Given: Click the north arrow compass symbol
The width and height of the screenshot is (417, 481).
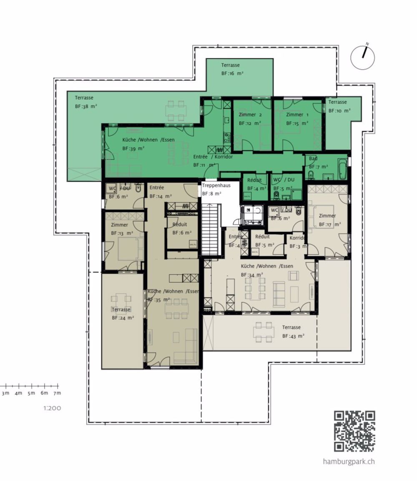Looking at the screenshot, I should pos(362,58).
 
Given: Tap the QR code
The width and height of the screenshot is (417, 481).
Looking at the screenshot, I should pos(354,431).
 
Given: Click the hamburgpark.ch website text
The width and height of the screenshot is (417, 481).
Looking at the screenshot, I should pos(349,461).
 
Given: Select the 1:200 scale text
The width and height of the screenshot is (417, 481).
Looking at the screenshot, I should pos(52,408).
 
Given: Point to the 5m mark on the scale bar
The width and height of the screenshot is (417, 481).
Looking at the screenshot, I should pos(31,393).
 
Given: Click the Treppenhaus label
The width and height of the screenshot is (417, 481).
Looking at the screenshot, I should pos(216,185).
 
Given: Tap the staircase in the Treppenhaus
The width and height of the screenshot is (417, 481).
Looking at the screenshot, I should pos(210,229).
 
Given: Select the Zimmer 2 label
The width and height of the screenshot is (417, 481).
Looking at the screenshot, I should pos(250,115).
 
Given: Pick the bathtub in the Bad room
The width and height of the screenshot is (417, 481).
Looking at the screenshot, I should pos(342,168).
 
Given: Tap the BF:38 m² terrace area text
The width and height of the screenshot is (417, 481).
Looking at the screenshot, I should pos(86,106).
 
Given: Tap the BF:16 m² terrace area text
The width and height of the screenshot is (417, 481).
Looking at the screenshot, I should pos(232,73).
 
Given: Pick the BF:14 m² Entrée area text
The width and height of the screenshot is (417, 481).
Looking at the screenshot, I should pos(161,196).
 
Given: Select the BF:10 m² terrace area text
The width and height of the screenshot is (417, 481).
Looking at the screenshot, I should pos(339,111).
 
